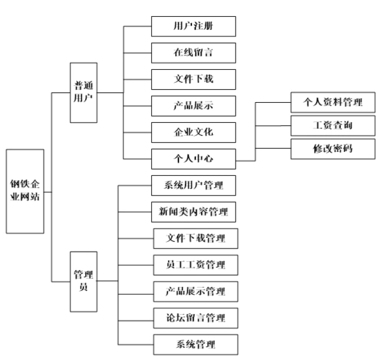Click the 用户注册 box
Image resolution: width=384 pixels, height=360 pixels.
[x=193, y=25]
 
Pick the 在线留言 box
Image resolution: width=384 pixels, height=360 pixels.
[x=193, y=52]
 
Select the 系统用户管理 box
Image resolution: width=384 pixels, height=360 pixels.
[x=194, y=185]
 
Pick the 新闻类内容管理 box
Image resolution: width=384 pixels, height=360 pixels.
[x=194, y=211]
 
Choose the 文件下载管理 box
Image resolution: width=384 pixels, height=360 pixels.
[x=194, y=237]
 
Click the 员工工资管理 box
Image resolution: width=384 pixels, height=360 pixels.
[x=194, y=264]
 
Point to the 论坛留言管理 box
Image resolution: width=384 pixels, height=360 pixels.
[x=194, y=316]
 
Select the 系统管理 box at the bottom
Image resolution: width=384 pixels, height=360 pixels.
[x=194, y=342]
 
